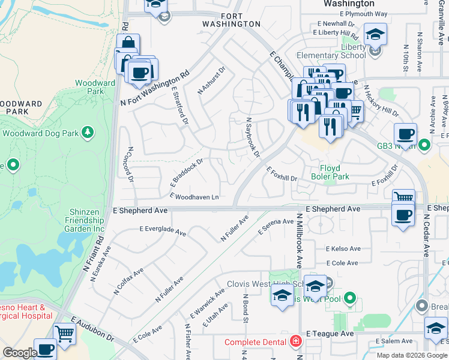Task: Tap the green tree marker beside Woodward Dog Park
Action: (88, 131)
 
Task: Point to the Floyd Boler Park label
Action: (326, 173)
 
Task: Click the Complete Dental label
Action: (256, 343)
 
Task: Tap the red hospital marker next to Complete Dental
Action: (295, 342)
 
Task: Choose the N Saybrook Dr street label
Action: (252, 137)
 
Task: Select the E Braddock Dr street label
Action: (188, 171)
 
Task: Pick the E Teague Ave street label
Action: (330, 334)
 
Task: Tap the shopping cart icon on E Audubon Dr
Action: (65, 333)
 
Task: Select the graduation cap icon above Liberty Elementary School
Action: (375, 34)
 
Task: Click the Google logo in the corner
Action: (19, 353)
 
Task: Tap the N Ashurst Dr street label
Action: (211, 79)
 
